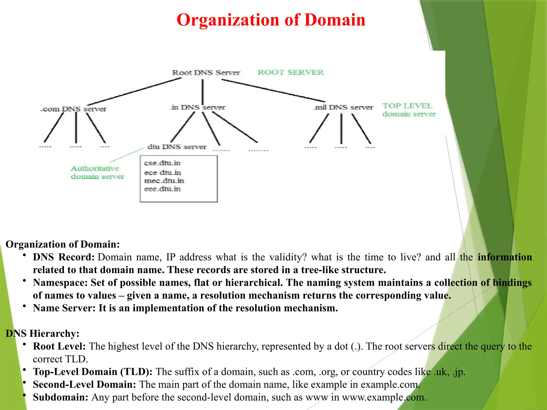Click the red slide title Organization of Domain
click(271, 20)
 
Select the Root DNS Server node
click(206, 73)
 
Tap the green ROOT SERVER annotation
click(291, 72)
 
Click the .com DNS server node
click(73, 109)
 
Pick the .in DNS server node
click(198, 107)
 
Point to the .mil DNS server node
click(343, 107)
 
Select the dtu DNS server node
click(177, 147)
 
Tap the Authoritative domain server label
click(97, 172)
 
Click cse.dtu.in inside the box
click(162, 163)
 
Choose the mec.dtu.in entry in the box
click(164, 181)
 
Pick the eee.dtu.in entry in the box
click(162, 189)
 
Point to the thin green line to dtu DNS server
click(127, 155)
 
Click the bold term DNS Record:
click(64, 257)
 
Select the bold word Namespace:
click(60, 283)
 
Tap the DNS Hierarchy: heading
click(42, 333)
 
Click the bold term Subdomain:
click(60, 397)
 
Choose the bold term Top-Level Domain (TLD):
click(93, 372)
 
